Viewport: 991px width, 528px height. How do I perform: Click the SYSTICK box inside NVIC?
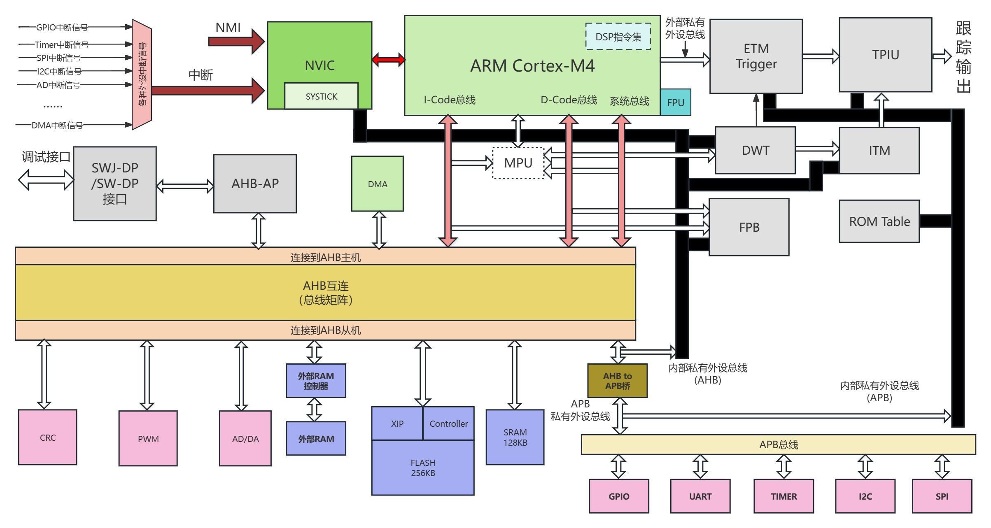[x=321, y=96]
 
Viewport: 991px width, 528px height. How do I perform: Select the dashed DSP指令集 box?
[x=618, y=37]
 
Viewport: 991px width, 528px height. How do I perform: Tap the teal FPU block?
[x=676, y=102]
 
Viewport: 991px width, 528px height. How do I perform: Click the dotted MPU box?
[x=518, y=163]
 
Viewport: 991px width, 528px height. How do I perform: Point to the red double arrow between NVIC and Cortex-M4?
[x=388, y=60]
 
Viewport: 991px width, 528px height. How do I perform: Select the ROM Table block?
[x=879, y=221]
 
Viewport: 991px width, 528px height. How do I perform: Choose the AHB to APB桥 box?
[x=617, y=381]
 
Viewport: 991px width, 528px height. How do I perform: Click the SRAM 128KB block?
[x=515, y=437]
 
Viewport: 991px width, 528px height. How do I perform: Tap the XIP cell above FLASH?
[x=397, y=423]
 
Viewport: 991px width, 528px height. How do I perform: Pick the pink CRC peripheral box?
[x=48, y=437]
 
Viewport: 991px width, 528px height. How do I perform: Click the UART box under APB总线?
[x=700, y=496]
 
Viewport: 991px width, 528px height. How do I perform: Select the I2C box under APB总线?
[x=865, y=496]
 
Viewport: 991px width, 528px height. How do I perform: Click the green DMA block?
[x=377, y=184]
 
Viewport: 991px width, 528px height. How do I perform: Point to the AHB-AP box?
[x=255, y=184]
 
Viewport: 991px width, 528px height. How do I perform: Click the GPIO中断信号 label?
[x=62, y=28]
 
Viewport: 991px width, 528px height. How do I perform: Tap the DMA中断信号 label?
[x=57, y=125]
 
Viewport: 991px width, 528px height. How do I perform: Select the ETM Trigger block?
[x=756, y=56]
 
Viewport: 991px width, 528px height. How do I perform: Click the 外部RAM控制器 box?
[x=316, y=381]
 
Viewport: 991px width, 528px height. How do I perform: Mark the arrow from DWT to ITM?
[x=817, y=149]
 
